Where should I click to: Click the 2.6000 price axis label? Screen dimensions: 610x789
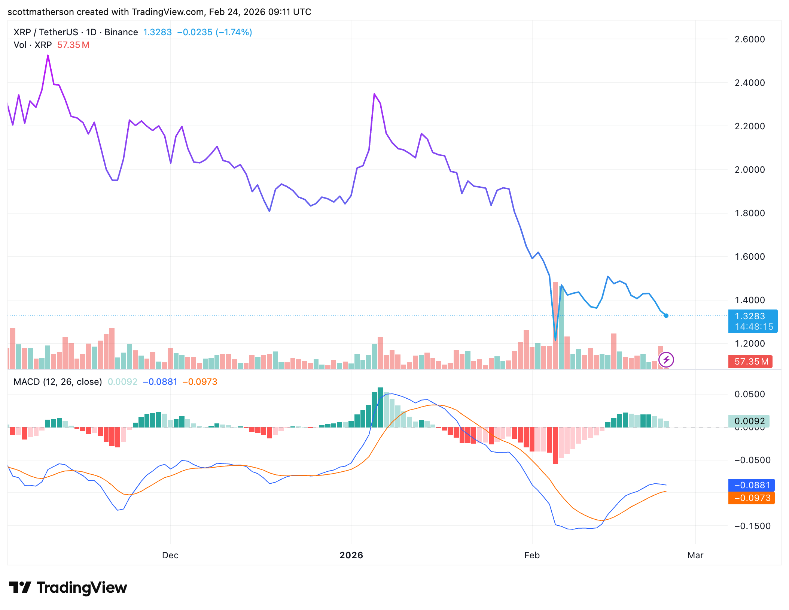749,39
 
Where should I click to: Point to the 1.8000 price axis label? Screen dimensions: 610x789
749,213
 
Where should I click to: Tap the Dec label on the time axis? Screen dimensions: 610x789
170,555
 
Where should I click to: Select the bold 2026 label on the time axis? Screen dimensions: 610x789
351,555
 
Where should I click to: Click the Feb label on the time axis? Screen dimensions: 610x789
531,555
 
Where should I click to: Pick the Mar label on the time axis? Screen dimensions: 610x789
695,555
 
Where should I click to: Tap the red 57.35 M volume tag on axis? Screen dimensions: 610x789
750,362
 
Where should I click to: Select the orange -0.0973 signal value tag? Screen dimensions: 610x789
751,498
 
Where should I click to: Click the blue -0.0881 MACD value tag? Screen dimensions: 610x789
751,485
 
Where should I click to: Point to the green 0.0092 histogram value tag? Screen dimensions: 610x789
749,421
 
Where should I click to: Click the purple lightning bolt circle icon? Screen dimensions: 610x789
666,360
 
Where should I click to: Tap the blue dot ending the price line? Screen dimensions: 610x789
666,316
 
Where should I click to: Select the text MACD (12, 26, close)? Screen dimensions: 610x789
58,382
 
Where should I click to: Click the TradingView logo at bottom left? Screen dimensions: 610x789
68,588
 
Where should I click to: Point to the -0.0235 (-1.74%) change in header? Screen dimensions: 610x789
214,32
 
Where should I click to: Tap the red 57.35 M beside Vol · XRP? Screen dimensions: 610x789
73,45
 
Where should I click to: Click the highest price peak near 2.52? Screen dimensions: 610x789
48,55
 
